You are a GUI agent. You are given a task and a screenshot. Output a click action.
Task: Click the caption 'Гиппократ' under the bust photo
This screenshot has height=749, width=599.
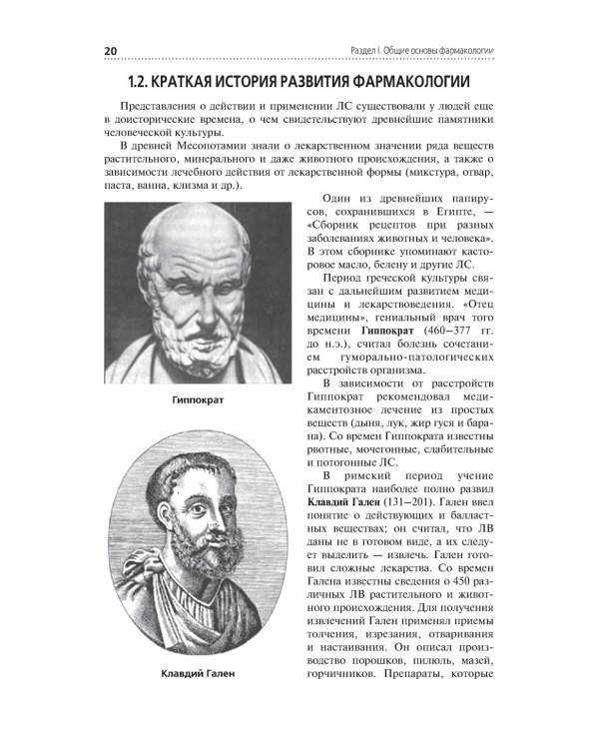(197, 400)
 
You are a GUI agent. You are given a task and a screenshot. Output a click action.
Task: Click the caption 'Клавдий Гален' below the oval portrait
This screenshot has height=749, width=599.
(197, 673)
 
